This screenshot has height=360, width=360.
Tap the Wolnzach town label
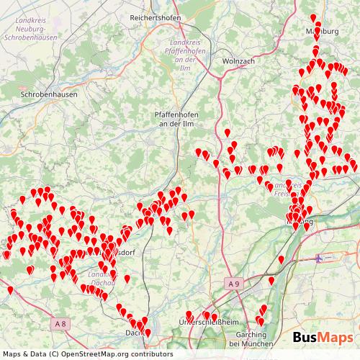click(x=238, y=61)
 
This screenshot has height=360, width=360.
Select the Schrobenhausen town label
click(x=48, y=94)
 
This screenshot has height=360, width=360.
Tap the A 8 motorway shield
click(x=62, y=325)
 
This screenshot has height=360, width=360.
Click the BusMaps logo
click(x=323, y=338)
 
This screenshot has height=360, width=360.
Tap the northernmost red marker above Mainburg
click(x=312, y=17)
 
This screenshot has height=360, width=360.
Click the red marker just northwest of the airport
click(x=282, y=258)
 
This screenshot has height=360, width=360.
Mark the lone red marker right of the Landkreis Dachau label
click(x=127, y=277)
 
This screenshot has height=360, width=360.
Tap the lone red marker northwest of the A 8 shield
click(x=10, y=289)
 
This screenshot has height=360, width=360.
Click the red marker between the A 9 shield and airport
click(x=271, y=280)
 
